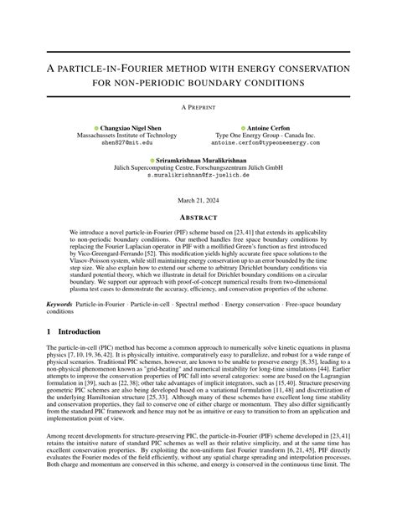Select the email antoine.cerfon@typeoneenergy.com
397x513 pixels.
269,143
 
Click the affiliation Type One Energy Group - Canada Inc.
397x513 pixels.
269,135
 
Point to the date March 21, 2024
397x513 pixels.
198,199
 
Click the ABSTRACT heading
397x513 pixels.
198,214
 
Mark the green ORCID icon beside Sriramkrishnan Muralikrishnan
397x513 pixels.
152,159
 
